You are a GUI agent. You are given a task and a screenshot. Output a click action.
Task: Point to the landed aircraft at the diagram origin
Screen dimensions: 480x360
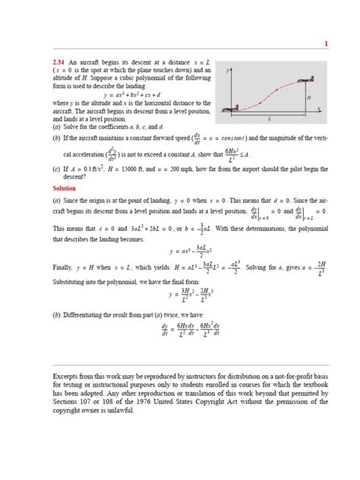point(228,111)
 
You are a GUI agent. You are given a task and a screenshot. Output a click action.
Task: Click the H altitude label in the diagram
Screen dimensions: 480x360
point(308,98)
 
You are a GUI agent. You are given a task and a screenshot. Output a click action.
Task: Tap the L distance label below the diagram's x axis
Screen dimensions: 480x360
point(270,119)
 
